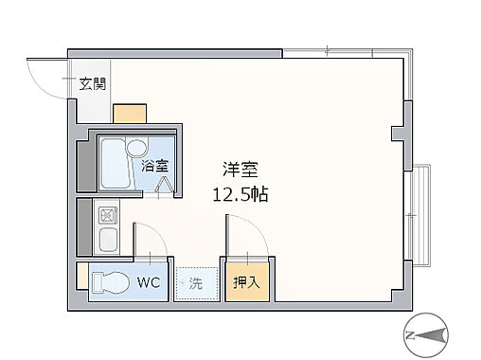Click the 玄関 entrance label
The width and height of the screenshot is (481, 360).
click(x=92, y=83)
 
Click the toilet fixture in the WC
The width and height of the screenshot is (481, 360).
click(x=110, y=283)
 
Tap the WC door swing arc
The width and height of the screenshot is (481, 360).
click(x=151, y=242)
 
